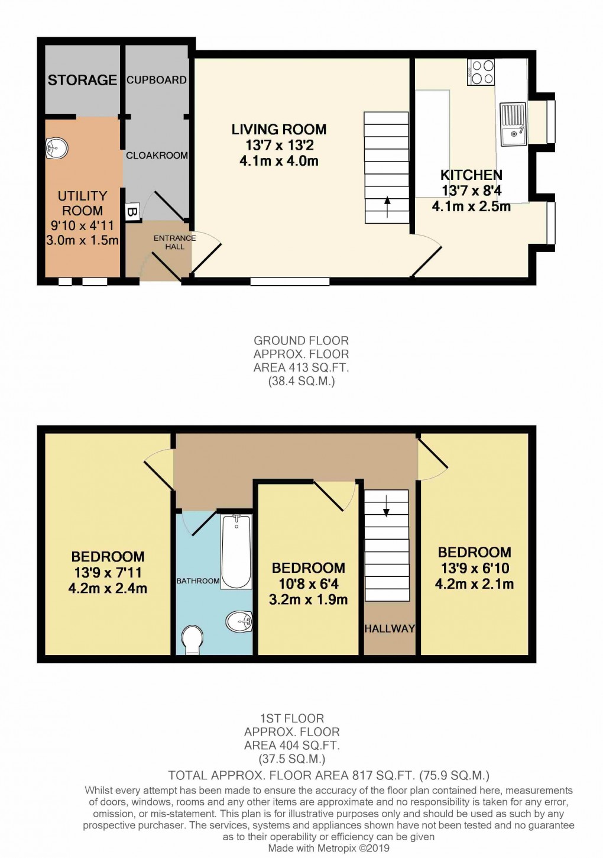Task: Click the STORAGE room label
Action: coord(82,80)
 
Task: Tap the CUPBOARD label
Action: coord(157,80)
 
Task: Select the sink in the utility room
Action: coord(57,148)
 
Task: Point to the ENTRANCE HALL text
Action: coord(174,242)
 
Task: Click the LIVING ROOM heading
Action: coord(278,130)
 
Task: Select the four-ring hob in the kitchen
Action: coord(481,72)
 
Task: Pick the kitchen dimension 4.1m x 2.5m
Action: coord(471,207)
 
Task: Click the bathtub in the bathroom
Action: coord(236,551)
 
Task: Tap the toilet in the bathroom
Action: coord(192,641)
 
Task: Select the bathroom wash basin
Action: coord(239,621)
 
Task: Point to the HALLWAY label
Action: coord(389,628)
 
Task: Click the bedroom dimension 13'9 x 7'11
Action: coord(108,572)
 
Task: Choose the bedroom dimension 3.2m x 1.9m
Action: coord(308,599)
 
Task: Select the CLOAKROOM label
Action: coord(157,155)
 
